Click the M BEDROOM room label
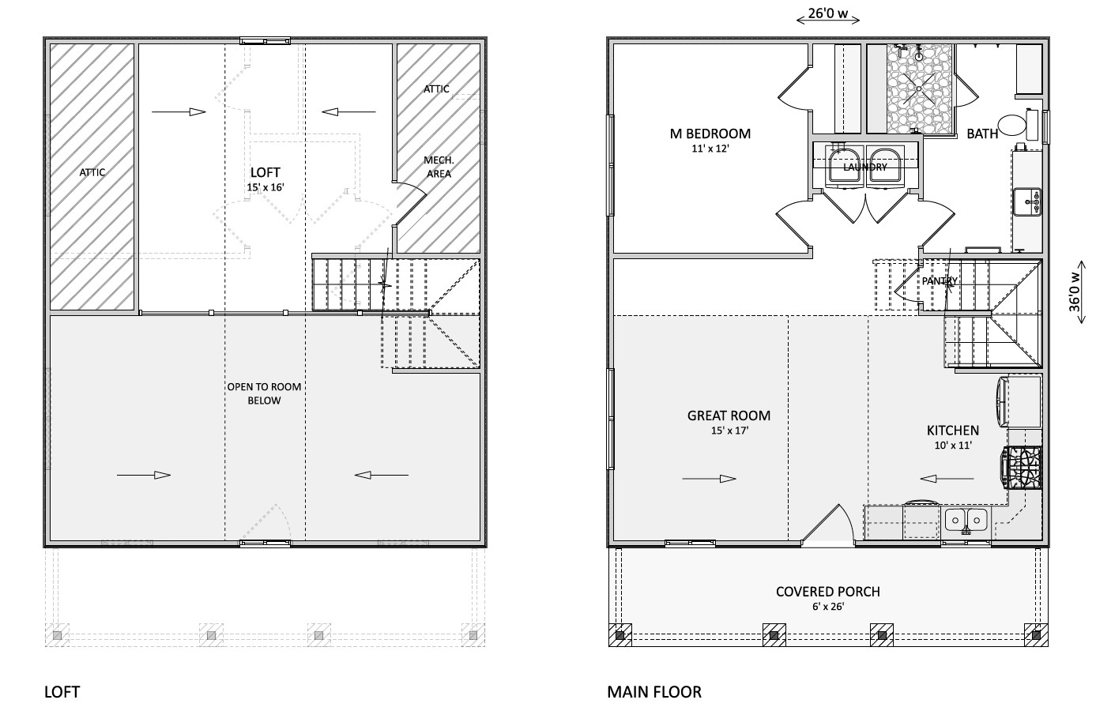[710, 134]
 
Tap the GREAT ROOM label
[729, 416]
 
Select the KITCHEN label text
[953, 430]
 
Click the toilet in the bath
[1018, 124]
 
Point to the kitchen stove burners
[1023, 468]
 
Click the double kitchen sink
[966, 520]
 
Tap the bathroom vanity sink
[1027, 201]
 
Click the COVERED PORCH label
[828, 592]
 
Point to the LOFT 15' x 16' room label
[266, 179]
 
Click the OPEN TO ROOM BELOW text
[264, 393]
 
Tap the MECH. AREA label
[439, 167]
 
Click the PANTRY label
[940, 281]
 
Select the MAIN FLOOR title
[654, 692]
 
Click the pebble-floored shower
[920, 88]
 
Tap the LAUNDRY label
[865, 167]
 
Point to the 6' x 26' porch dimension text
[828, 607]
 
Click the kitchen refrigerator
[1019, 402]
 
